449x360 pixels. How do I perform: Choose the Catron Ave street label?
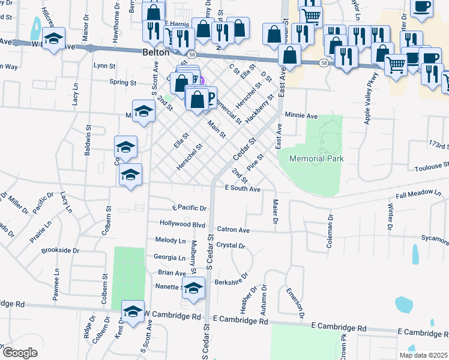coord(233,229)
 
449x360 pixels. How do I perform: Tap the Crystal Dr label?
coord(231,245)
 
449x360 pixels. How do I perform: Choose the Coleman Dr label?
coord(330,225)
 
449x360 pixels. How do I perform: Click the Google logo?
coord(20,352)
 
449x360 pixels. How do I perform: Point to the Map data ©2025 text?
coord(423,355)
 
